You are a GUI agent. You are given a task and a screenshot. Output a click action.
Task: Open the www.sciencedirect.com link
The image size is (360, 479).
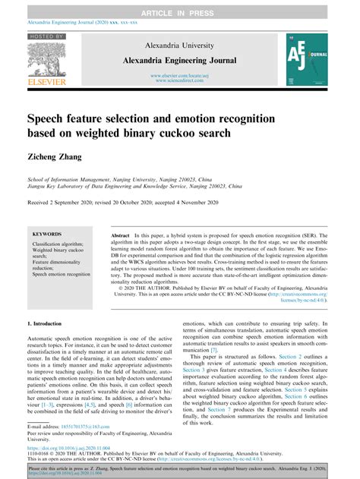(x=180, y=80)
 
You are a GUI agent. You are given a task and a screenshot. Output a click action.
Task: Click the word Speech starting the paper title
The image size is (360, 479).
(x=52, y=119)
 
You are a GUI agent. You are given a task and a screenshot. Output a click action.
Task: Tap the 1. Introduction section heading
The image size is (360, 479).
(x=47, y=323)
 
